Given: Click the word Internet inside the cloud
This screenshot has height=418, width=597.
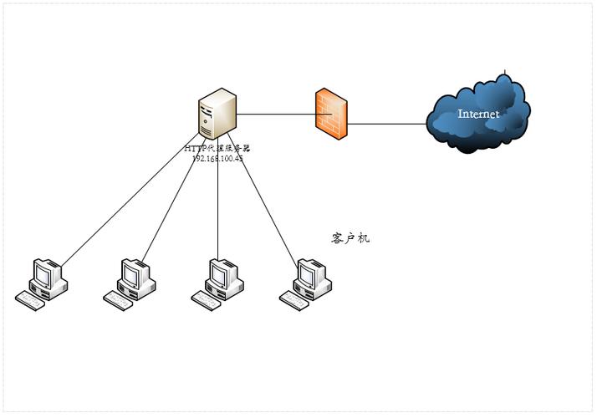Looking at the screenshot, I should click(x=478, y=114).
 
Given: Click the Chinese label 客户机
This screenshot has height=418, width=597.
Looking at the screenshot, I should click(x=350, y=239).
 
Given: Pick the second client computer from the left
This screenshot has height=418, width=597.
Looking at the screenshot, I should click(x=131, y=283).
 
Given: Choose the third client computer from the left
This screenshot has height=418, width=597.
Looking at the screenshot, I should click(x=219, y=283).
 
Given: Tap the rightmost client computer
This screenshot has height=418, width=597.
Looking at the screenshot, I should click(x=308, y=283).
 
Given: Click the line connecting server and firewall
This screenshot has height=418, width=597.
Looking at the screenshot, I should click(x=276, y=113).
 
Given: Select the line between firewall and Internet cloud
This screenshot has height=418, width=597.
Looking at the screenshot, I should click(x=386, y=124).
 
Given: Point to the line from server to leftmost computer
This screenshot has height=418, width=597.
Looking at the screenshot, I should click(x=125, y=209).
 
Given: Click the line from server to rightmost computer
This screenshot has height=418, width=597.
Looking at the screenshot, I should click(x=263, y=209).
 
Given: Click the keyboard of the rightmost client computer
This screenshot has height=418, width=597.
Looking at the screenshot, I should click(x=294, y=302).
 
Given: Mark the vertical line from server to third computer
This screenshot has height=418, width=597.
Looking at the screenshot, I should click(x=218, y=209).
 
